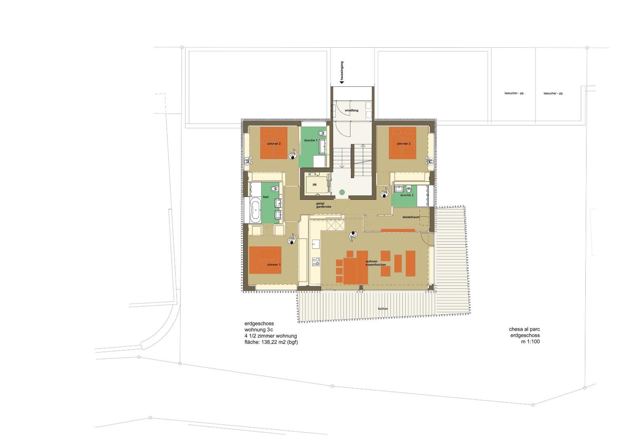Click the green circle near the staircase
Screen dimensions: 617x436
coord(342,192)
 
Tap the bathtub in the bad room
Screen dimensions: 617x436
coord(256,210)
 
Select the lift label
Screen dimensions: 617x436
coord(315,185)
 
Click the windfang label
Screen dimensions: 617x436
coord(351,111)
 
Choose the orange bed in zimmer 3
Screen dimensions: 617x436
coord(403,143)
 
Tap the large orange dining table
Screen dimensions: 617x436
coord(356,267)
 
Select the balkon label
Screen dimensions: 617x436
coord(383,309)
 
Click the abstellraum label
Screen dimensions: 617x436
coord(411,217)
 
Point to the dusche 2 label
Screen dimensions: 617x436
coord(407,195)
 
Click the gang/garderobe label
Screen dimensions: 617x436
coord(324,205)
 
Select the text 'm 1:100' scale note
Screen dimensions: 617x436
coord(530,342)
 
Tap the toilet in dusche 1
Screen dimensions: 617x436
coord(322,133)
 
